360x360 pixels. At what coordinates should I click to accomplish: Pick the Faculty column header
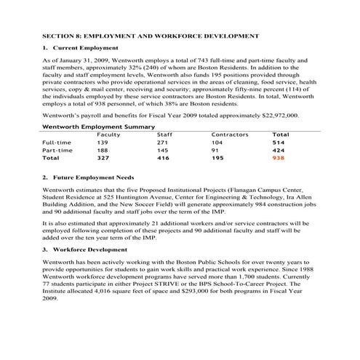pyautogui.click(x=108, y=135)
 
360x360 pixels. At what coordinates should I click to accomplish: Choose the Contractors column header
pyautogui.click(x=229, y=135)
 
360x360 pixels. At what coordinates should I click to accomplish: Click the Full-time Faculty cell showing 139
pyautogui.click(x=103, y=142)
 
